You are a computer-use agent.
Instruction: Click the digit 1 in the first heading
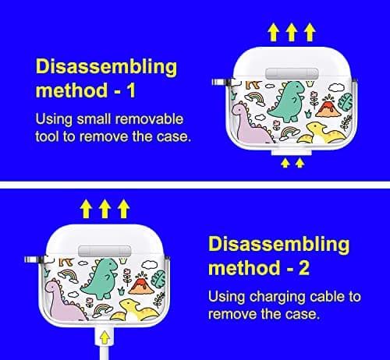[132, 90]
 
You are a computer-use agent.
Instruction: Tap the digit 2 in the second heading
[304, 267]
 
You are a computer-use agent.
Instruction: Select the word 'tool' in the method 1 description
[47, 136]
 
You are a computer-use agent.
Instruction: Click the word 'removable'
[149, 119]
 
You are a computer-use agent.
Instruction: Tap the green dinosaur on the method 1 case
[287, 101]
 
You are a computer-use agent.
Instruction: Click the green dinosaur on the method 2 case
[100, 279]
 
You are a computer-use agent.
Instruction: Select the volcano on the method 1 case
[328, 106]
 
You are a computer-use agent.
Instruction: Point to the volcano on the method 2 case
[141, 284]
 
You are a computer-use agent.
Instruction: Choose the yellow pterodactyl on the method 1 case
[319, 133]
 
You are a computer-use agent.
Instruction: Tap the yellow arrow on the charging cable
[105, 338]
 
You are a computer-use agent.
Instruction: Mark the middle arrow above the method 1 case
[292, 32]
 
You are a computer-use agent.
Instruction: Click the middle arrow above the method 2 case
[105, 209]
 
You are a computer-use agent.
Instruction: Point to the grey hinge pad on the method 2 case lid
[105, 251]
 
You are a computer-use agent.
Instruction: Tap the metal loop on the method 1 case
[221, 83]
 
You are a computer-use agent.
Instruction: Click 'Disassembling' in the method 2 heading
[279, 245]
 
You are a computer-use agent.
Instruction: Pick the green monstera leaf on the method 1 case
[346, 102]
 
